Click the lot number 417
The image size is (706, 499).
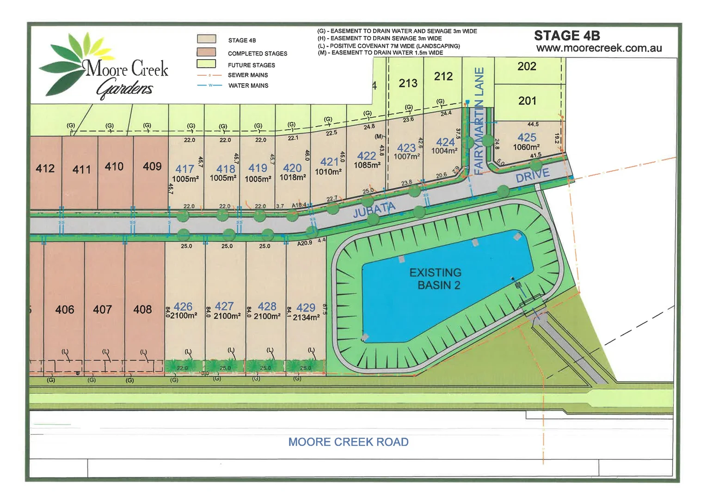(184, 169)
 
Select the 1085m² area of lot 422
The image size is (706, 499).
(367, 165)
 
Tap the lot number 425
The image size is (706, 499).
(527, 137)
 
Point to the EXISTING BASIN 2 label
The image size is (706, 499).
(435, 279)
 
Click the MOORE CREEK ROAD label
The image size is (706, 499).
(348, 442)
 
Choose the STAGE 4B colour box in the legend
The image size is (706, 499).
(206, 39)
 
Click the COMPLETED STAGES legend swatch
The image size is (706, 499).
(206, 52)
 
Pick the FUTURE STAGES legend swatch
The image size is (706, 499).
(206, 64)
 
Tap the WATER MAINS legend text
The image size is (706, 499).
(248, 85)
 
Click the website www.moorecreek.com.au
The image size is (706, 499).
(599, 48)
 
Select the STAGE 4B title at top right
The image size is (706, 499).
(567, 36)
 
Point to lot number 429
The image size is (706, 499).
(306, 307)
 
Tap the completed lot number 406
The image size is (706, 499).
(65, 310)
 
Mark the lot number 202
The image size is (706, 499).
(527, 66)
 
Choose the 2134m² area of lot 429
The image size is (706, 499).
(306, 317)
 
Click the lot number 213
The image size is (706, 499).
(408, 83)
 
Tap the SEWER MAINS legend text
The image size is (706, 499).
(248, 75)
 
